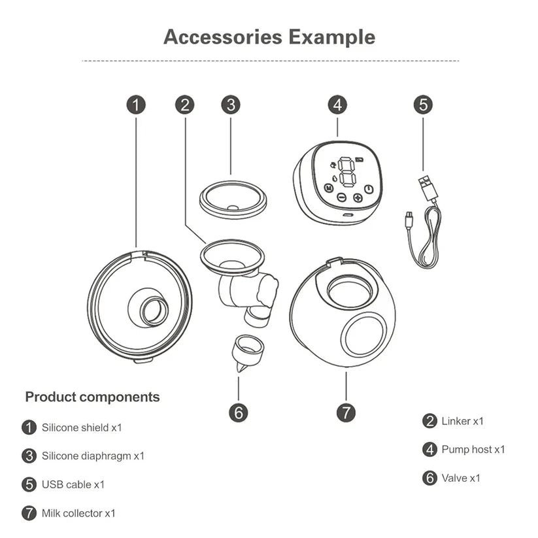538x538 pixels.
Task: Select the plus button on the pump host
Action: pyautogui.click(x=358, y=197)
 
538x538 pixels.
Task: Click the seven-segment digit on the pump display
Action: pyautogui.click(x=345, y=172)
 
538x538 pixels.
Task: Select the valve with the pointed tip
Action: pyautogui.click(x=243, y=352)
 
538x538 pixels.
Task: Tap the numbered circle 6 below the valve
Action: pyautogui.click(x=239, y=412)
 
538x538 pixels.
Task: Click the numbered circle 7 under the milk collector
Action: pyautogui.click(x=346, y=412)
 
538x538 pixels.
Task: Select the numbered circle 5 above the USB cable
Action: pyautogui.click(x=424, y=105)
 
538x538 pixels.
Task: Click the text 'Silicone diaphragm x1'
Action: pyautogui.click(x=93, y=456)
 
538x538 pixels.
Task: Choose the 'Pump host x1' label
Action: pyautogui.click(x=473, y=449)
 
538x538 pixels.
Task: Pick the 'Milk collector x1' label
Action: pyautogui.click(x=78, y=513)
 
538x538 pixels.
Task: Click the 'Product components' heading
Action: pyautogui.click(x=92, y=397)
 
